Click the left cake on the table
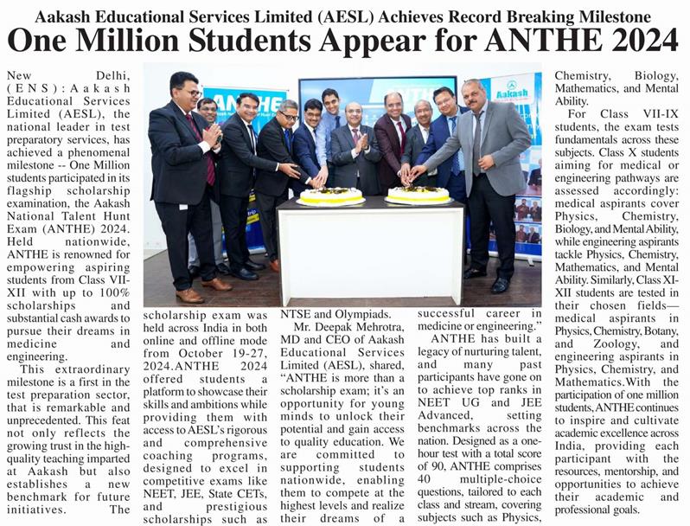tap(330, 196)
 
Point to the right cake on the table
tap(419, 195)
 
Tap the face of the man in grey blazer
tap(474, 93)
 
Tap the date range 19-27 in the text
tap(231, 354)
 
